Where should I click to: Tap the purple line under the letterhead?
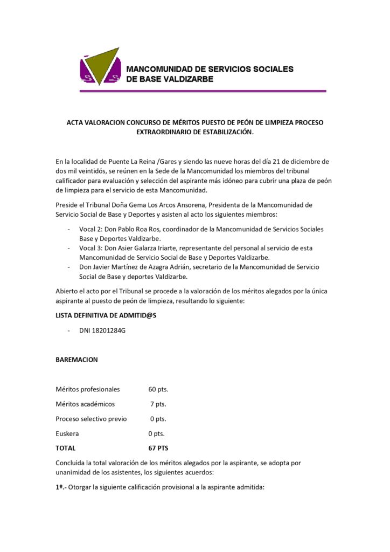pyautogui.click(x=203, y=91)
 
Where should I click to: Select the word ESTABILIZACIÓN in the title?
pyautogui.click(x=224, y=132)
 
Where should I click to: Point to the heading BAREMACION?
pyautogui.click(x=76, y=360)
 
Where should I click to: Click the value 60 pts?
pyautogui.click(x=158, y=389)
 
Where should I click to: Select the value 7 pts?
pyautogui.click(x=158, y=404)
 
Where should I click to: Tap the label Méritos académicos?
pyautogui.click(x=85, y=404)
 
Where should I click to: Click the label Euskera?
pyautogui.click(x=68, y=433)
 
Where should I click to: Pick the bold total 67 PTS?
pyautogui.click(x=159, y=448)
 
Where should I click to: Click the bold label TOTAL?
pyautogui.click(x=66, y=448)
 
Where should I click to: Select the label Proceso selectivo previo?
pyautogui.click(x=91, y=419)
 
